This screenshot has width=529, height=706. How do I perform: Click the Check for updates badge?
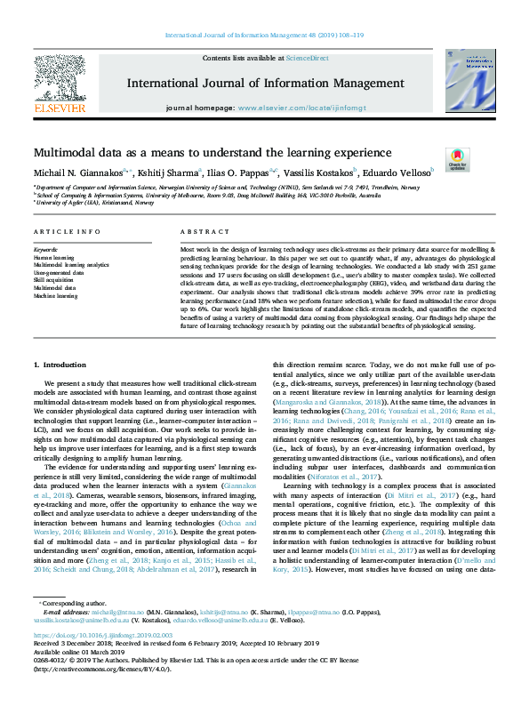[457, 158]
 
